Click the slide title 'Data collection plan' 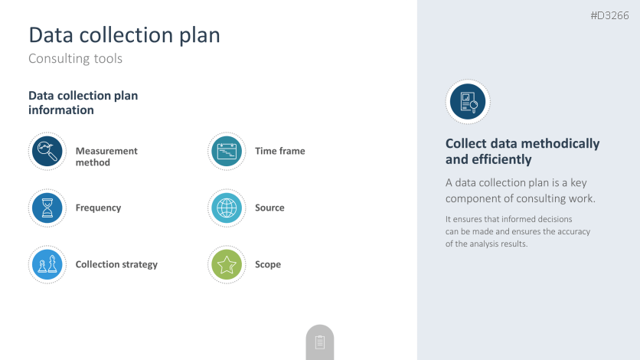124,35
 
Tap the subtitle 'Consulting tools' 75,58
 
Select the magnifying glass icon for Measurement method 47,151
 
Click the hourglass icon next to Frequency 47,208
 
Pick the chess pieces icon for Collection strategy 47,264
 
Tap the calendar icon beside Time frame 227,151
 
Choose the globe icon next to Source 227,208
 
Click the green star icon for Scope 227,264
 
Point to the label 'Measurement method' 106,157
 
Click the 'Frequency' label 98,208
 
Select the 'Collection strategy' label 116,264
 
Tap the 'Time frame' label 280,151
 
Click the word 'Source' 269,208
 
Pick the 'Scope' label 268,264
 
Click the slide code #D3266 610,15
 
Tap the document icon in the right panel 468,102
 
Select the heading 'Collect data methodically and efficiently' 522,152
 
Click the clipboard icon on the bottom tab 320,342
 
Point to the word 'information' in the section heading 61,110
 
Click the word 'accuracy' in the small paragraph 574,231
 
